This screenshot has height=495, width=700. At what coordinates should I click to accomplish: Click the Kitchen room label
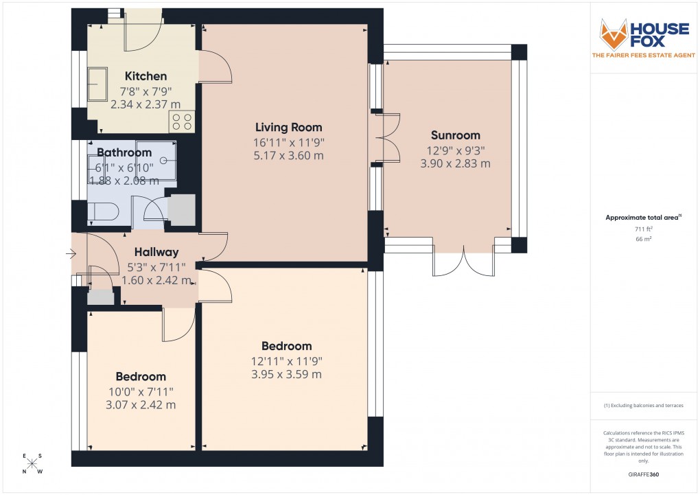(145, 76)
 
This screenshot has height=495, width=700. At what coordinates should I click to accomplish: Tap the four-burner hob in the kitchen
(183, 122)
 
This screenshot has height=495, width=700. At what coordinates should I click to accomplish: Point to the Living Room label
(288, 128)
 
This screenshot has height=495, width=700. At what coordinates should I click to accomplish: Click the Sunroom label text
(455, 135)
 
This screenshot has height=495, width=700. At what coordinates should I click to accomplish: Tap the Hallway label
(156, 252)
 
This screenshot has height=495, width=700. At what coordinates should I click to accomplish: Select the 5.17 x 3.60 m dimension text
(288, 156)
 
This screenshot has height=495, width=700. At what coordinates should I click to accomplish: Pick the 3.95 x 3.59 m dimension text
(287, 375)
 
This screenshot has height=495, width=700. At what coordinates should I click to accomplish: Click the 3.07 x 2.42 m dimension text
(141, 405)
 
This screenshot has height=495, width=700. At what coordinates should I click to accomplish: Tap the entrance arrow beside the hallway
(71, 254)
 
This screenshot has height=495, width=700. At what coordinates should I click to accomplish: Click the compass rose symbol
(32, 463)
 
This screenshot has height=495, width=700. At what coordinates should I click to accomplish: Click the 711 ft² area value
(643, 229)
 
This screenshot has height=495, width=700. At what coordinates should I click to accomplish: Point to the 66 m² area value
(643, 239)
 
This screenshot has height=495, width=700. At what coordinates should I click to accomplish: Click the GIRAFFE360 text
(644, 474)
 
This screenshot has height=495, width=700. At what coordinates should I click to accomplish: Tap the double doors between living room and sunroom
(386, 137)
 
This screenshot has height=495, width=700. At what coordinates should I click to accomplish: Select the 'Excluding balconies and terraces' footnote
(643, 406)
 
